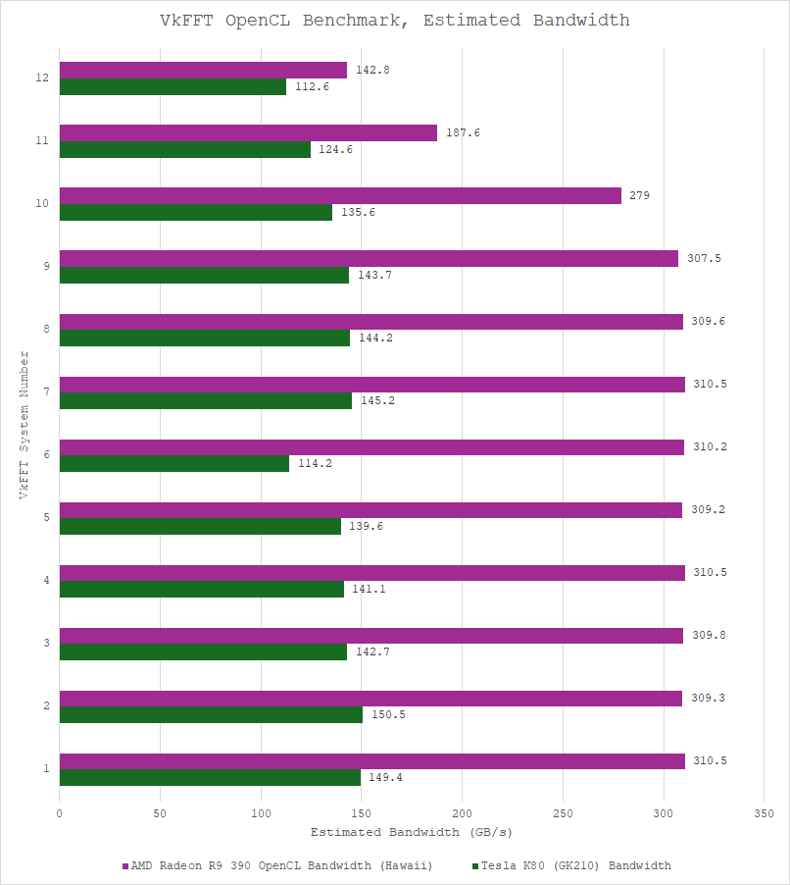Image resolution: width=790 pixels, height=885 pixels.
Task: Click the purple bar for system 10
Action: pos(340,196)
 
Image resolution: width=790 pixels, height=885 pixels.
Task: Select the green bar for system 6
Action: pos(174,463)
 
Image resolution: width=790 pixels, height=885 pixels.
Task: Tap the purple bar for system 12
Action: pos(203,71)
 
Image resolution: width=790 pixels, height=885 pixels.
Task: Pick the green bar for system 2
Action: pos(211,714)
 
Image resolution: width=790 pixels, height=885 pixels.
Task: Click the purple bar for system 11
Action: pos(248,133)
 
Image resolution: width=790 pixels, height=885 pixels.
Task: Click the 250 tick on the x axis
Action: pos(563,813)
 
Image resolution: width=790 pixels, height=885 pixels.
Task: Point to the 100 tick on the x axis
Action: pos(261,813)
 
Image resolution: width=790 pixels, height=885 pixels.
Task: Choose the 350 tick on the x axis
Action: pos(764,813)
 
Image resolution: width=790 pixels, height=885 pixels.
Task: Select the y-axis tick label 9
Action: pos(46,267)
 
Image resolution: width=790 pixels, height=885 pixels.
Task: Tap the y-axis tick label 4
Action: pos(46,581)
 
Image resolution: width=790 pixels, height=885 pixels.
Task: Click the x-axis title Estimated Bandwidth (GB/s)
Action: pos(411,833)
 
